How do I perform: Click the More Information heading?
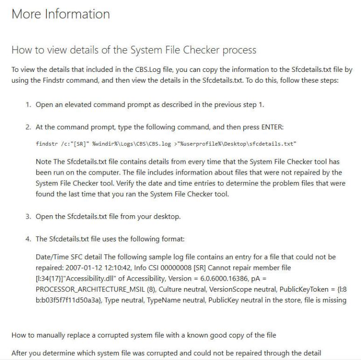pos(61,14)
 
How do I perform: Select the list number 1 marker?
pos(28,105)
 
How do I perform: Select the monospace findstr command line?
pos(167,144)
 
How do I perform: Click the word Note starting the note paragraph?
pos(43,162)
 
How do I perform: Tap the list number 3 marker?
pos(28,216)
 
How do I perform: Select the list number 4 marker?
pos(28,239)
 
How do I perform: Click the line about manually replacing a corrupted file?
pos(144,336)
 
